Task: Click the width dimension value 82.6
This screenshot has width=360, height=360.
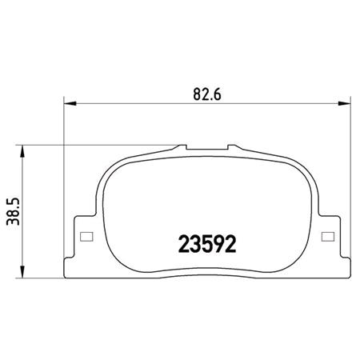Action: click(206, 91)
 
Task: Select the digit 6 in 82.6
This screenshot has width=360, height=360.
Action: click(218, 91)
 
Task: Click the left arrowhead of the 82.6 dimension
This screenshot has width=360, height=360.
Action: click(68, 102)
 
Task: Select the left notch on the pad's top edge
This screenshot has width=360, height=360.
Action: click(182, 148)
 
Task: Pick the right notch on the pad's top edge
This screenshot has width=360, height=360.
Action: click(231, 148)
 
